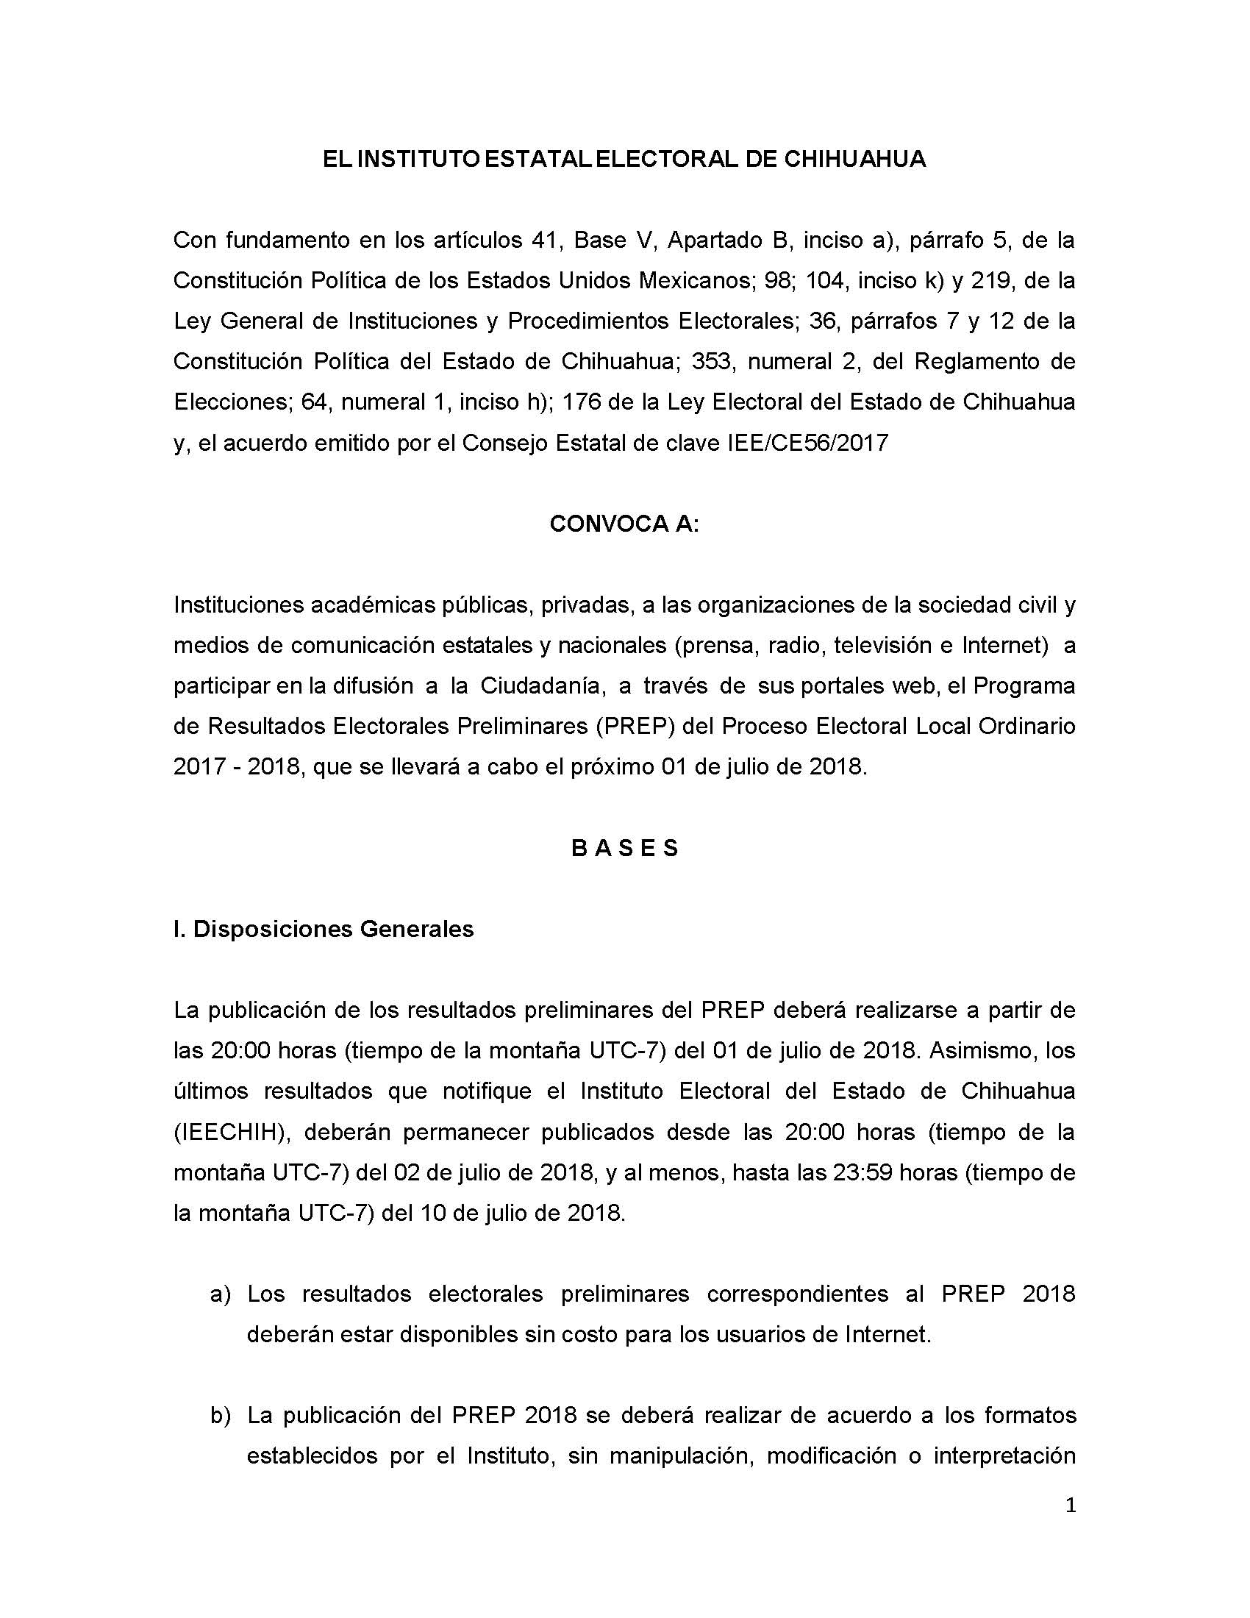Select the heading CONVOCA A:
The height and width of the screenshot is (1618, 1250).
coord(624,524)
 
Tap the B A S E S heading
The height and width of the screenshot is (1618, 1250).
coord(625,847)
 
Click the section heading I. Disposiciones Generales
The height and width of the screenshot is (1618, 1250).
coord(324,928)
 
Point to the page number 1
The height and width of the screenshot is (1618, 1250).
coord(1069,1505)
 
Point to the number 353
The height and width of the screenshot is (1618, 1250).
coord(712,362)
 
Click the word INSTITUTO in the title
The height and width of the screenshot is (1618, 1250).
coord(419,160)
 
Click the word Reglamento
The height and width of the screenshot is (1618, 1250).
coord(984,362)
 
